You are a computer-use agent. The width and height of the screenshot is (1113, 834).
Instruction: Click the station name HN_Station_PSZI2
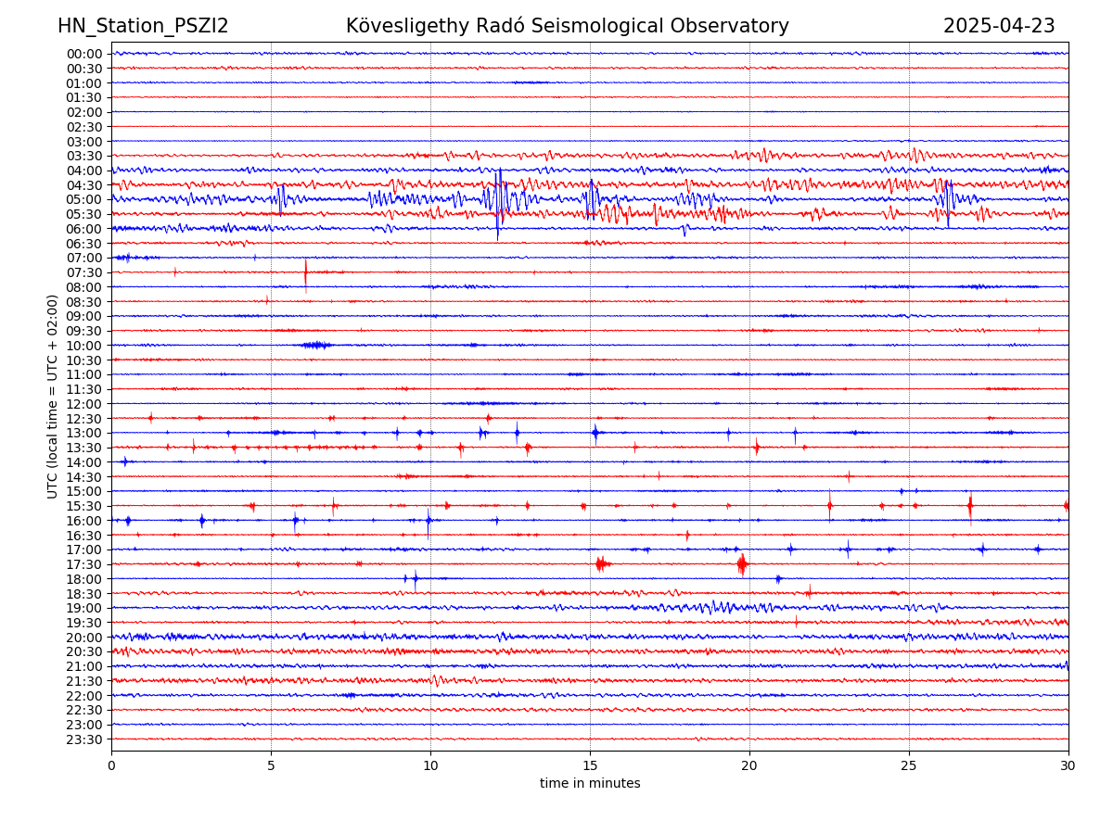click(143, 26)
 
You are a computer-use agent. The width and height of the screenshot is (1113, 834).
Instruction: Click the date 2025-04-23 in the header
click(999, 26)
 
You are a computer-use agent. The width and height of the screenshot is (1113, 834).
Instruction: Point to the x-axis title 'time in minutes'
click(590, 783)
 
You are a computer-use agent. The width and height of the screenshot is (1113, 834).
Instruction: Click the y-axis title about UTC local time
click(53, 396)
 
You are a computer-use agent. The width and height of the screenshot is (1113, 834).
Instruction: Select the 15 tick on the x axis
click(590, 765)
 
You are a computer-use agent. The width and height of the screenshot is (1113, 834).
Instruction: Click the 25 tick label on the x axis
click(909, 765)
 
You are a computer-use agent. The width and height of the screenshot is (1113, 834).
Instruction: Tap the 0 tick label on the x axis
click(111, 765)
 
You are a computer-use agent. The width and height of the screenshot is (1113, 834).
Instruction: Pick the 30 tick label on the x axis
click(1068, 765)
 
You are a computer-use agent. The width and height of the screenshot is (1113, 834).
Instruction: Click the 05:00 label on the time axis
click(83, 199)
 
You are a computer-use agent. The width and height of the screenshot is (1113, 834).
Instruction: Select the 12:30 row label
click(83, 419)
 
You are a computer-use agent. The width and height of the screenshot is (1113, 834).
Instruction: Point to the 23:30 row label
click(83, 739)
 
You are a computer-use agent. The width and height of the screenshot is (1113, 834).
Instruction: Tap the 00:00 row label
click(83, 54)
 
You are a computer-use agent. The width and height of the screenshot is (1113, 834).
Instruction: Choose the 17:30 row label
click(83, 564)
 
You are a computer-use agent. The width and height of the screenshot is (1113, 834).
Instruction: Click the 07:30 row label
click(83, 272)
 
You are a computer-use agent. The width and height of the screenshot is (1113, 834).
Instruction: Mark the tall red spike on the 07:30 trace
click(305, 273)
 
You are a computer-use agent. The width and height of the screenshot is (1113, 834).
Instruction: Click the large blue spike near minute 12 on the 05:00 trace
click(499, 199)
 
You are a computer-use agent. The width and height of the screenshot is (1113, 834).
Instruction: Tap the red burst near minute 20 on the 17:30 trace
click(742, 563)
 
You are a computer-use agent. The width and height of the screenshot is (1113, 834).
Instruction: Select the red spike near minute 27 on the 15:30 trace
click(970, 506)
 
